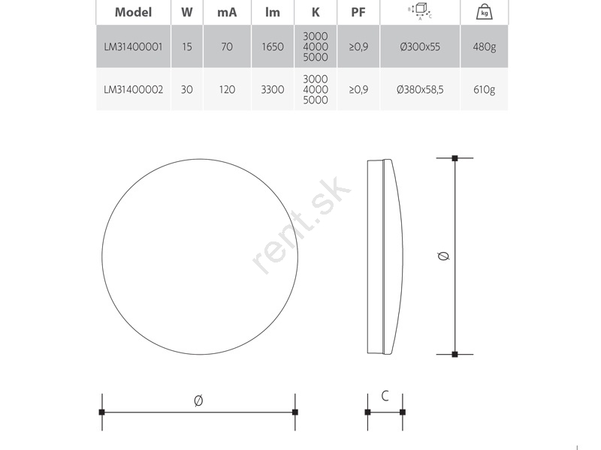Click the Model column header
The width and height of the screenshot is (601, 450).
134,12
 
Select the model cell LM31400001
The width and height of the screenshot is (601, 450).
134,46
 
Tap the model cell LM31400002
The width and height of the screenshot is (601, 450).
134,89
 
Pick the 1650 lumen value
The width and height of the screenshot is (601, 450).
273,46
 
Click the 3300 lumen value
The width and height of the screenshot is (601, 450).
273,89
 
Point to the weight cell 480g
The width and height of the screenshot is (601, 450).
485,46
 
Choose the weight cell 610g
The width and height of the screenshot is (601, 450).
485,89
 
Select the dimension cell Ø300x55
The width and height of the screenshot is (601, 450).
420,46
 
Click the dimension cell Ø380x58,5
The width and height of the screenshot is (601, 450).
420,89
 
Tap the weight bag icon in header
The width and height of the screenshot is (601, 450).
485,12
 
